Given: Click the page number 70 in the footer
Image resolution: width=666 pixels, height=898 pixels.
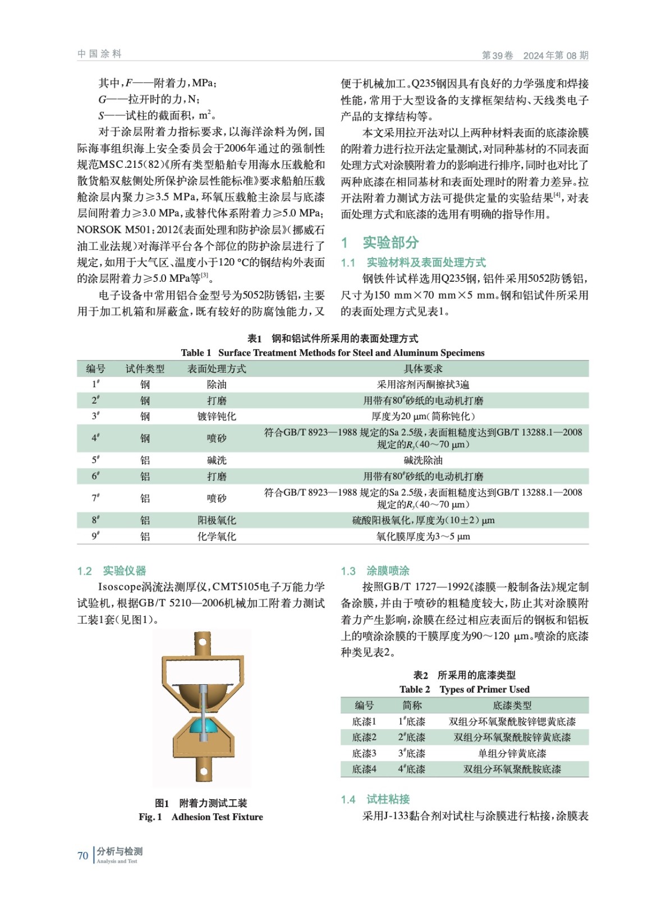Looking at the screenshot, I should tap(82, 855).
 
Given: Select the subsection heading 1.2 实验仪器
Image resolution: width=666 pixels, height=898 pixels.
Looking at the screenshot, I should tap(111, 571).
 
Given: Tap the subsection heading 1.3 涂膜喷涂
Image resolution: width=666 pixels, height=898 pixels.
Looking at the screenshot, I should tap(375, 571).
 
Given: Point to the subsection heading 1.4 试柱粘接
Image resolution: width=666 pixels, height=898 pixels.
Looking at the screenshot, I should tap(375, 799).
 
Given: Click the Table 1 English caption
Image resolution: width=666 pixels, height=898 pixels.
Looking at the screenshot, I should tap(332, 352).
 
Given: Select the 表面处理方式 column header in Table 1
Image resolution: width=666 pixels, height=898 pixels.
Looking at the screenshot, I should tap(217, 369).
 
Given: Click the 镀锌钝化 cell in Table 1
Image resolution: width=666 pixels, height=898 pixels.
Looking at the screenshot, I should tap(217, 416).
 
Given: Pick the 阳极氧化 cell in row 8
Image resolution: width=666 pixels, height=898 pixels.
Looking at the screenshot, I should tap(217, 520).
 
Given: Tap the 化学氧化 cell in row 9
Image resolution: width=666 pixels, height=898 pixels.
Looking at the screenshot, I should tap(217, 537).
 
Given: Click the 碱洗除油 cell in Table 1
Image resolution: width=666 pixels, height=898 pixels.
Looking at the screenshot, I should tap(423, 460).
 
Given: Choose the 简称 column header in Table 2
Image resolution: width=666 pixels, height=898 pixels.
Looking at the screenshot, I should tap(412, 705).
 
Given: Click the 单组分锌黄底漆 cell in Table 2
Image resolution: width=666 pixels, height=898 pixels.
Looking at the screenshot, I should tap(512, 753).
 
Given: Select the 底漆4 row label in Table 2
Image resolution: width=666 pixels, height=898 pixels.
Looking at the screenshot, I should tap(364, 769).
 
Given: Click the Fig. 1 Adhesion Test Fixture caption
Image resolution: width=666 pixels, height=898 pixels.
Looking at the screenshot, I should tap(201, 817).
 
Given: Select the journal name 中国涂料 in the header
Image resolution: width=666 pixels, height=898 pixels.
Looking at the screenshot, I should tap(99, 54).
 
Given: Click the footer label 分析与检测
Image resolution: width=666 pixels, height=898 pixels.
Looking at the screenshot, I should tap(120, 851).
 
